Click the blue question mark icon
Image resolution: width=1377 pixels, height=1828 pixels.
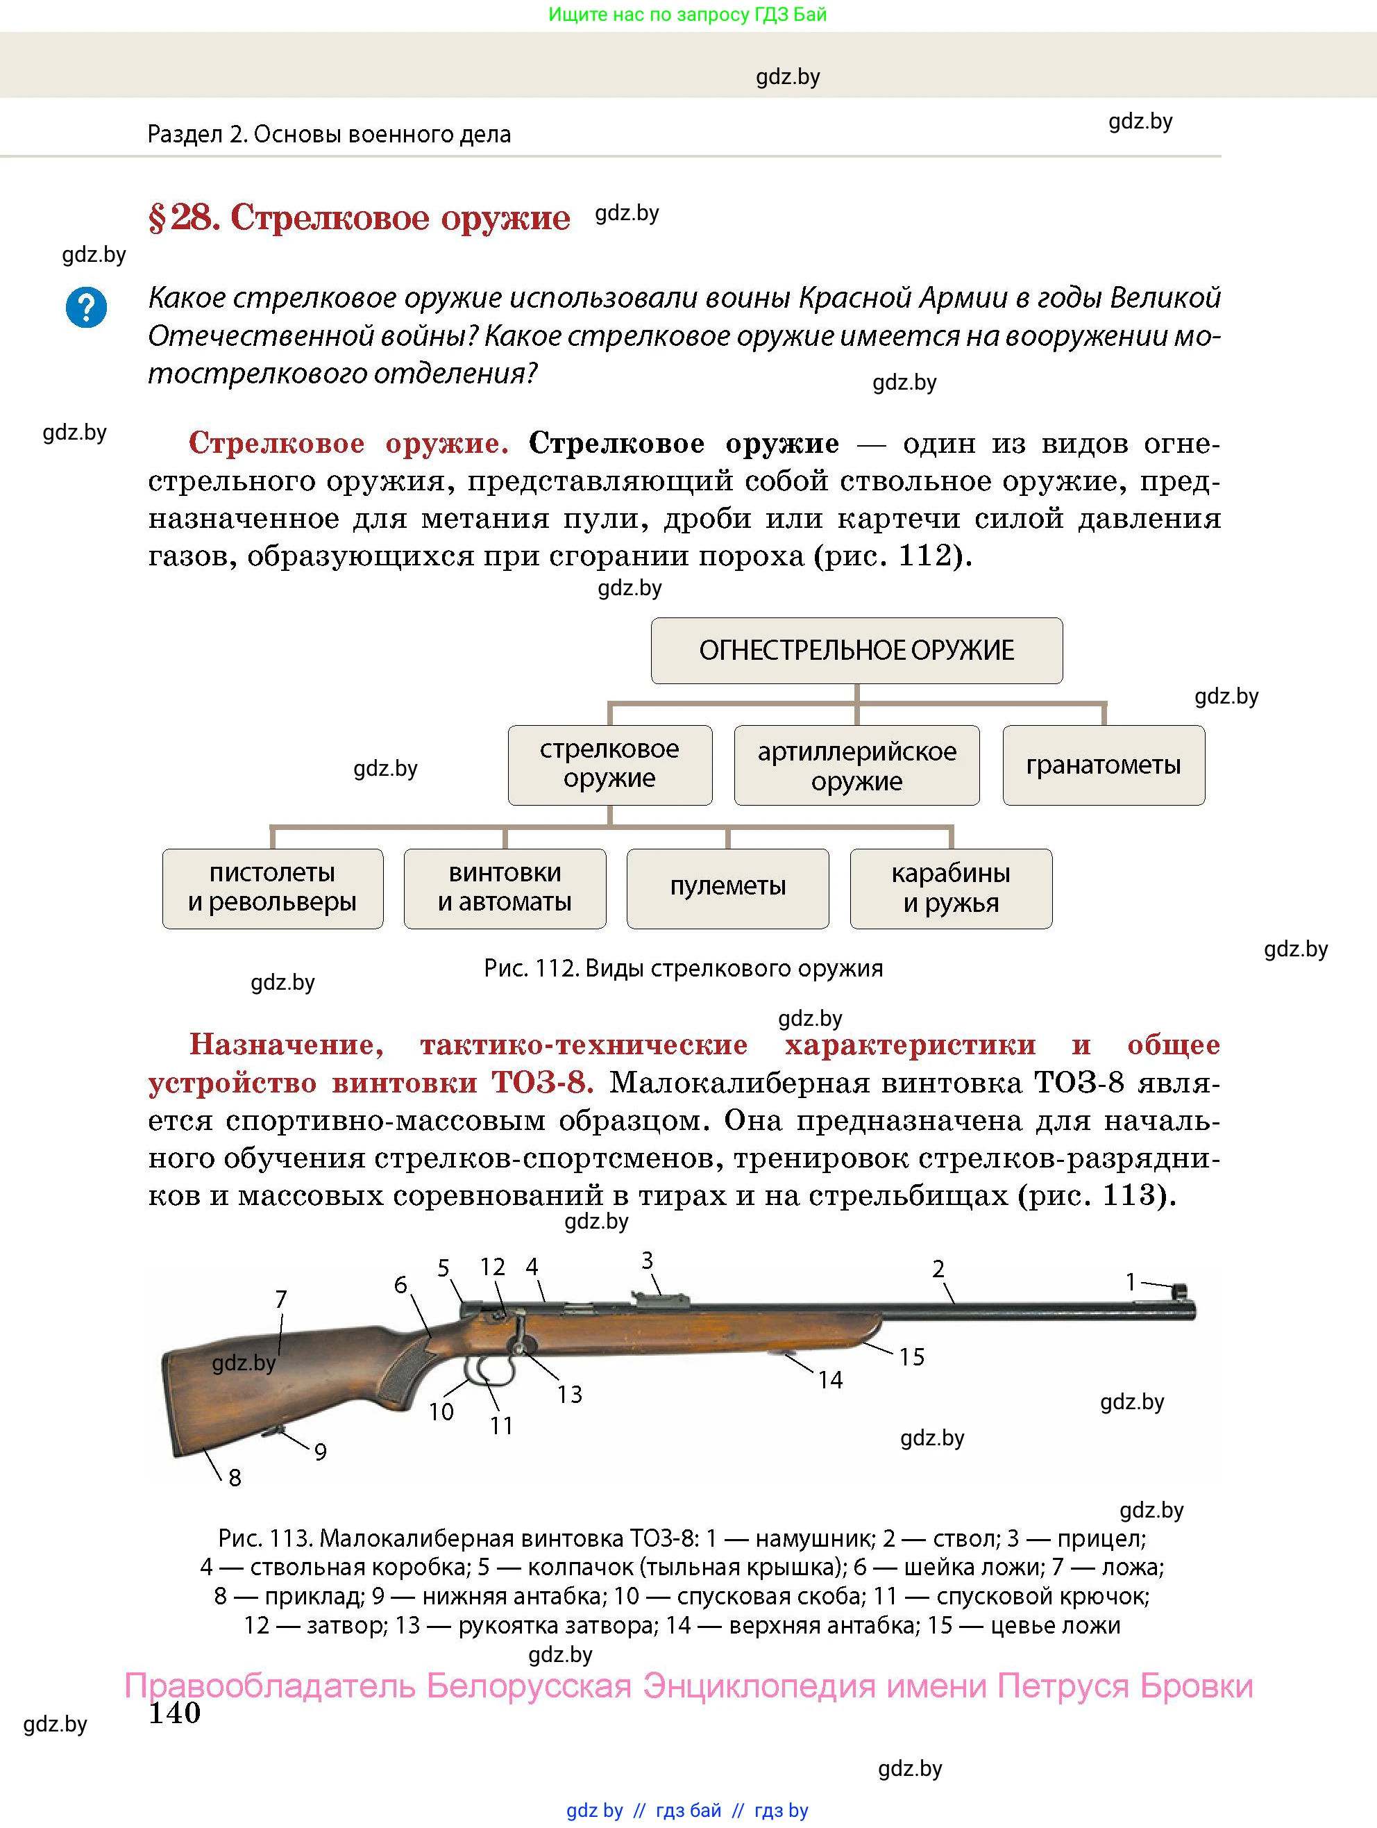[86, 308]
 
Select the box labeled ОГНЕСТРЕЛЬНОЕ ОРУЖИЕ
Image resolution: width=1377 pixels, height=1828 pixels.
[856, 650]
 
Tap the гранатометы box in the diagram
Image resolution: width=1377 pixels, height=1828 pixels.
[1104, 765]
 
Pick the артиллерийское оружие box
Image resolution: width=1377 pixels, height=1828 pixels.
[856, 765]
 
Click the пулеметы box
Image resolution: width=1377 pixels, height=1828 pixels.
[728, 888]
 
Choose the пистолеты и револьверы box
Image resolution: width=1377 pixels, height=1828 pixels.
[273, 888]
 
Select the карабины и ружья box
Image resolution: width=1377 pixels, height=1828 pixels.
[951, 888]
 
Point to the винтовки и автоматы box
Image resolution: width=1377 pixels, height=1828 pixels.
[505, 888]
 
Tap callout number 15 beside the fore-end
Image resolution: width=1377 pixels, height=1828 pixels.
[911, 1356]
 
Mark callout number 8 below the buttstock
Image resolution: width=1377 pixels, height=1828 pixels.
[235, 1477]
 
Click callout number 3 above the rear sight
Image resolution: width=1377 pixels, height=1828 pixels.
[647, 1261]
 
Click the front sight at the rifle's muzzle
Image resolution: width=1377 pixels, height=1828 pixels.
[1180, 1291]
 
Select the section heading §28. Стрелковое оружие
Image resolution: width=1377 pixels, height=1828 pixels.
[360, 217]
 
